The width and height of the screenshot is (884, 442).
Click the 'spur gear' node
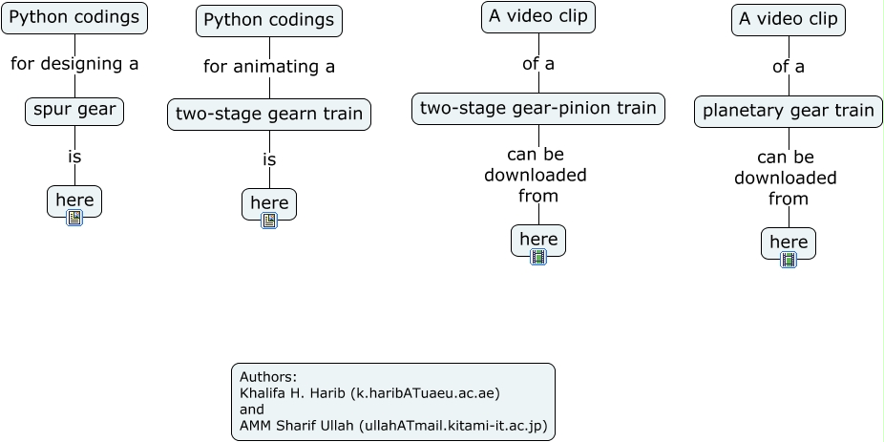tap(74, 110)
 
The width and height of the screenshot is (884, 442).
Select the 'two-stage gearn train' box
tap(269, 115)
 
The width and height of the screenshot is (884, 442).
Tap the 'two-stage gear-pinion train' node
tap(538, 109)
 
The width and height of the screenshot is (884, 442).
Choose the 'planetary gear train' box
tap(789, 111)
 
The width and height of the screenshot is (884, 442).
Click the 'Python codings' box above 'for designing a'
tap(74, 17)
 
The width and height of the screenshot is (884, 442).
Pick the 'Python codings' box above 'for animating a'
tap(269, 20)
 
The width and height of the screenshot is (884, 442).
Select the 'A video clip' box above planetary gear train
tap(789, 19)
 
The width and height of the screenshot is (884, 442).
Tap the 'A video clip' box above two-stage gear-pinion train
tap(538, 16)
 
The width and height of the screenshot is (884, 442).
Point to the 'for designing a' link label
tap(74, 64)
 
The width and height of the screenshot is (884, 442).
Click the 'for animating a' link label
tap(269, 67)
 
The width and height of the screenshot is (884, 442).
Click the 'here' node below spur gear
tap(74, 200)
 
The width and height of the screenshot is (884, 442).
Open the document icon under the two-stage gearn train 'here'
tap(269, 221)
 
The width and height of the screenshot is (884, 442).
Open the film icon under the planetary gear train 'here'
tap(789, 260)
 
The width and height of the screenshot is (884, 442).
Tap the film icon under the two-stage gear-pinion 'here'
tap(538, 257)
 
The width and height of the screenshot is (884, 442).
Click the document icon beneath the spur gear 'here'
tap(74, 218)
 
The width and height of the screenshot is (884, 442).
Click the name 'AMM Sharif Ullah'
tap(297, 425)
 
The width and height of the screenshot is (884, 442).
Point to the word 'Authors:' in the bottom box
tap(268, 376)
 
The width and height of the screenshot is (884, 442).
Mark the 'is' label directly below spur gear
tap(74, 157)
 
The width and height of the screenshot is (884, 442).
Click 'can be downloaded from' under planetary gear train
tap(787, 178)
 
